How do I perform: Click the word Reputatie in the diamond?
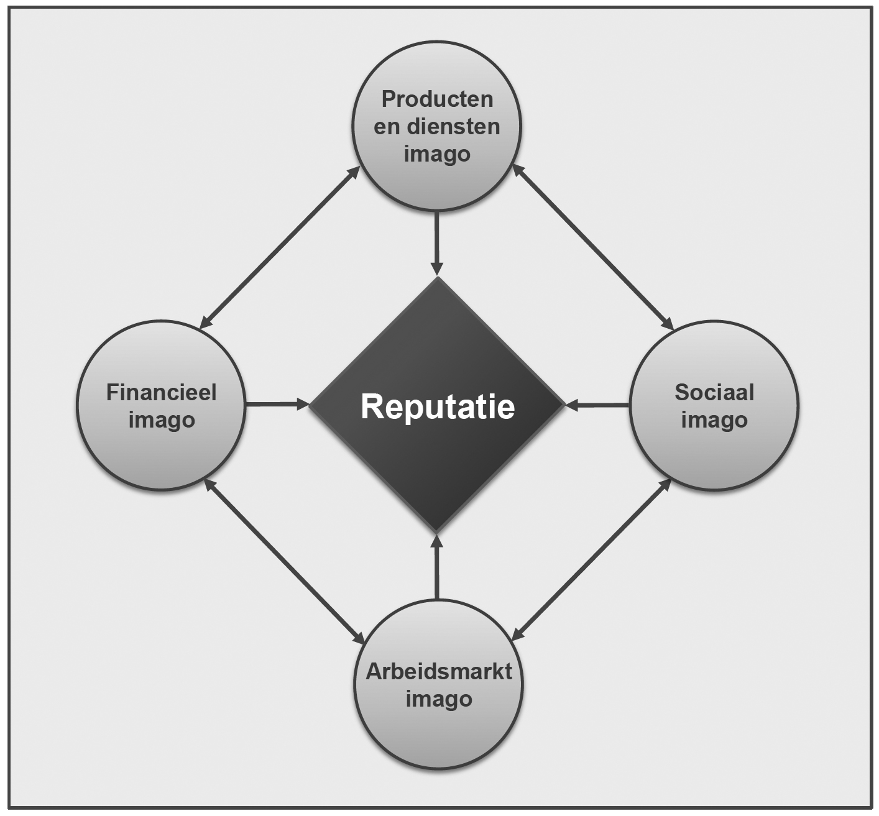coord(438,406)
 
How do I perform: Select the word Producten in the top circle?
coord(437,99)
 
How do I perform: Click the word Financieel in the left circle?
coord(162,393)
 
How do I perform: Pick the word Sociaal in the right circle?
coord(714,393)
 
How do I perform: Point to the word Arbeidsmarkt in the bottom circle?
coord(439,672)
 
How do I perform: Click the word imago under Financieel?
coord(162,420)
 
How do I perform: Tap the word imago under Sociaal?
coord(714,420)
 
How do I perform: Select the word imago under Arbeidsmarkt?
coord(439,699)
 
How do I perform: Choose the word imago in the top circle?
coord(437,154)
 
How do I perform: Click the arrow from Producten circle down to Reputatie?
coord(437,242)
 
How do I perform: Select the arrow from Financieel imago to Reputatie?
coord(277,405)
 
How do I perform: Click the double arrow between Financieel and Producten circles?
coord(280,247)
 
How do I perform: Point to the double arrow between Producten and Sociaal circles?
coord(593,247)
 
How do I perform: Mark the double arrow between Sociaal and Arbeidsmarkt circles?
coord(591,559)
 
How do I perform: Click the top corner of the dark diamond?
coord(438,279)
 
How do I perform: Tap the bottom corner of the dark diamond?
coord(437,531)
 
